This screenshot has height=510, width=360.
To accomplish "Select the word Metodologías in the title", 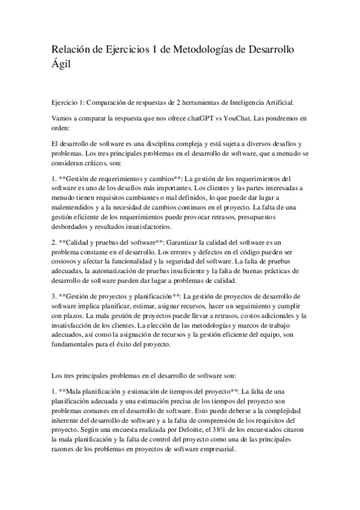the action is pos(207,49).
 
